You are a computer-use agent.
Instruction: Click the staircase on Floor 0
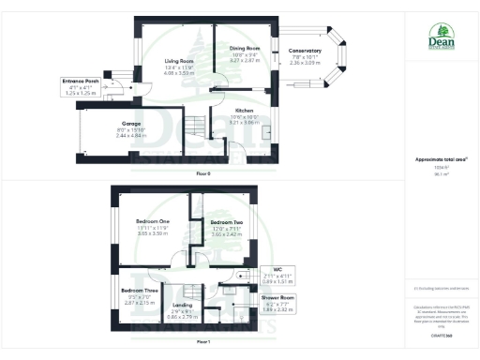pyautogui.click(x=194, y=127)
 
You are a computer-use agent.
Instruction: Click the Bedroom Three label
pyautogui.click(x=139, y=290)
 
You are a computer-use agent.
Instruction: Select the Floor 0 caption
pyautogui.click(x=203, y=174)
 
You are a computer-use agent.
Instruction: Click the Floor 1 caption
pyautogui.click(x=203, y=341)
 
